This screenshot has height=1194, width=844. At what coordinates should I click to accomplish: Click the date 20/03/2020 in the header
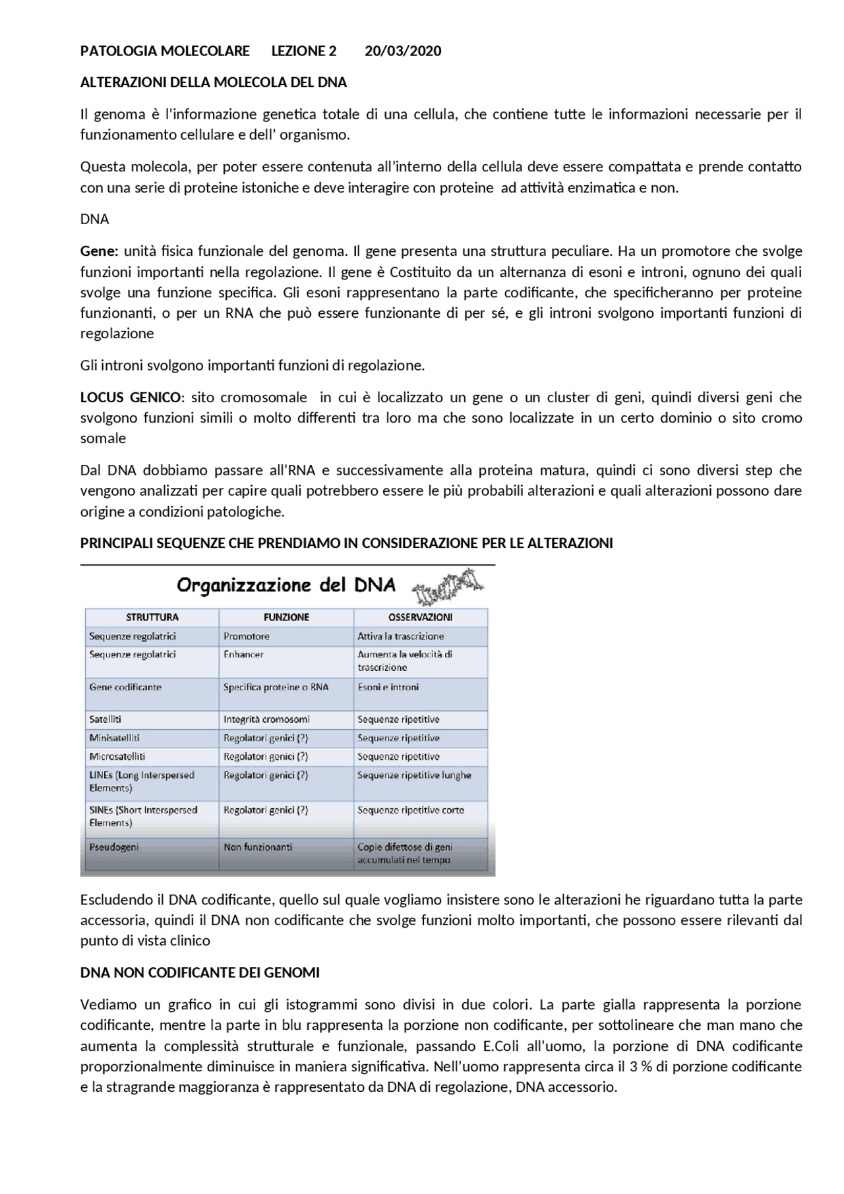[x=403, y=51]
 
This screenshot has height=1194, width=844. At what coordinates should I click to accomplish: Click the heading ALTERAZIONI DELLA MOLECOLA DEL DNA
[x=213, y=82]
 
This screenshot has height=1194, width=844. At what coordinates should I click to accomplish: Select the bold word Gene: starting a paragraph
[x=99, y=251]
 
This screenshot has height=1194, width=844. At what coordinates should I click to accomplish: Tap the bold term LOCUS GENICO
[x=130, y=398]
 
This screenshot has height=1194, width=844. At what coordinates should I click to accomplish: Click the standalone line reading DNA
[x=94, y=219]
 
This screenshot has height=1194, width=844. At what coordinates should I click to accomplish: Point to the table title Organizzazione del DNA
[x=286, y=585]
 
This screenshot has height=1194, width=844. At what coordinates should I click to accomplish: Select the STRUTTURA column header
[x=152, y=617]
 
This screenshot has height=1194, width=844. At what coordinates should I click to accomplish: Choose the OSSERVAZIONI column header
[x=420, y=617]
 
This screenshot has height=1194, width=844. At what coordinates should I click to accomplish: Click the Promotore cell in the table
[x=246, y=636]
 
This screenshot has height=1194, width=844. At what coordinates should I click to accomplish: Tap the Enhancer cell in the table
[x=243, y=655]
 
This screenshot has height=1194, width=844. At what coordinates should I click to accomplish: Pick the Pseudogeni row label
[x=114, y=847]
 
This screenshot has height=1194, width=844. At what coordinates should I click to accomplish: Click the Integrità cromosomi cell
[x=266, y=719]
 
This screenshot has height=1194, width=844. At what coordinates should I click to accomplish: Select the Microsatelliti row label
[x=117, y=756]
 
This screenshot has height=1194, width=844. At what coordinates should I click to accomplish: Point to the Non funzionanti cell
[x=258, y=847]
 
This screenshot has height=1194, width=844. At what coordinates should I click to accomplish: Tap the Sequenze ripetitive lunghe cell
[x=414, y=775]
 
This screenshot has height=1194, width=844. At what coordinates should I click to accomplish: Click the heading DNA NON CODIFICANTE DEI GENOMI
[x=200, y=972]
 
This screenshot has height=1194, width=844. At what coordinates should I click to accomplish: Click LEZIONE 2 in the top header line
[x=304, y=51]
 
